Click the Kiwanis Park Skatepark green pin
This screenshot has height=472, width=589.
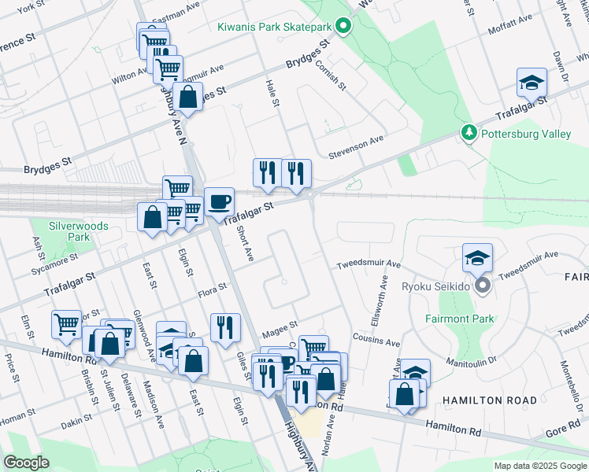coord(343,27)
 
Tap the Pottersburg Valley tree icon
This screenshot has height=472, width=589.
coord(469,134)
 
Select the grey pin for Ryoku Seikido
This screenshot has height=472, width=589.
coord(483,286)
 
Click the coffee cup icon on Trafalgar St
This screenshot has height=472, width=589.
coord(219,201)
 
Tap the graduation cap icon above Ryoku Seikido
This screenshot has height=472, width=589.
coord(477,257)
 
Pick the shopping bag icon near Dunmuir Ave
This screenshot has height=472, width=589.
coord(188,98)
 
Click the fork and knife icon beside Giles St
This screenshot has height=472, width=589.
coord(225,326)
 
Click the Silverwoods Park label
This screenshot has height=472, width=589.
coord(78,230)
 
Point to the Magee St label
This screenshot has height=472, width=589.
coord(280,324)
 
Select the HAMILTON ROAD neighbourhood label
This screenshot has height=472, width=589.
coord(483,400)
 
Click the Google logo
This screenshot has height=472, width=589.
coord(26,462)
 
